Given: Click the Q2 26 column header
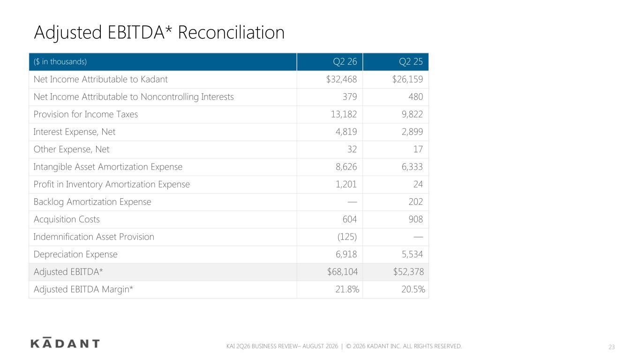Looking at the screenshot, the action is [345, 62].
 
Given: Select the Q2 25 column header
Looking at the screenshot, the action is [411, 62].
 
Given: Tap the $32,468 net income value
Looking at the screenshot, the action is [341, 79].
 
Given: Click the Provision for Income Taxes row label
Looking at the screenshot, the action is [85, 114].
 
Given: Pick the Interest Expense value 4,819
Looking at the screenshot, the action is [346, 132].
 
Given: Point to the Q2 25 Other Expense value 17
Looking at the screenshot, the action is [418, 149].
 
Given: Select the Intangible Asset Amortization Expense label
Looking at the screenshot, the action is [108, 167].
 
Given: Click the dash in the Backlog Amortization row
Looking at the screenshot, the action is [352, 202].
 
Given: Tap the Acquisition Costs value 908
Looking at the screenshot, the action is [415, 219].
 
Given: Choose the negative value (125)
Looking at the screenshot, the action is [347, 237].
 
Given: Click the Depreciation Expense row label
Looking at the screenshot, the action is [75, 254].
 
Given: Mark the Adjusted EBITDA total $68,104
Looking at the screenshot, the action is [342, 271].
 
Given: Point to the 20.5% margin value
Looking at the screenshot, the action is [413, 289].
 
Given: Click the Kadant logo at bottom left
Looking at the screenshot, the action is [65, 343].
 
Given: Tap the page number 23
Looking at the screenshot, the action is [611, 347].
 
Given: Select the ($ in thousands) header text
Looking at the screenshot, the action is [60, 62].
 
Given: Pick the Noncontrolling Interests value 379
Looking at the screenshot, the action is [350, 97].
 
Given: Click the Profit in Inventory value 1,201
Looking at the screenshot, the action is [346, 184].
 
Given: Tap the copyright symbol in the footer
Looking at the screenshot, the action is [348, 346].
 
